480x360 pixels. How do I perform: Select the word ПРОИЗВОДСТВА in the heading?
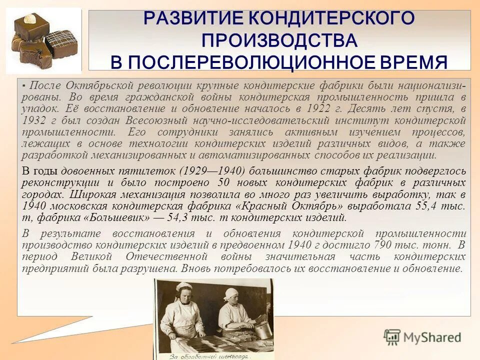click(279, 40)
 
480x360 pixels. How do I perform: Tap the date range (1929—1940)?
click(214, 170)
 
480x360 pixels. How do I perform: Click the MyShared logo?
click(422, 336)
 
